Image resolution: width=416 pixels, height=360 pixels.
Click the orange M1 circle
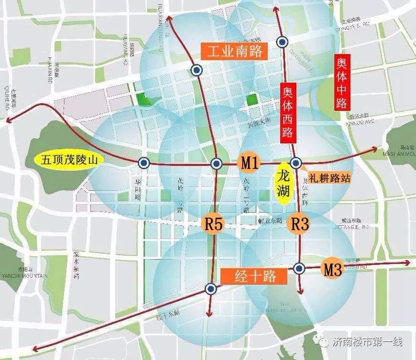(250, 163)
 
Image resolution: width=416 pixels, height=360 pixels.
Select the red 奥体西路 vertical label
(288, 111)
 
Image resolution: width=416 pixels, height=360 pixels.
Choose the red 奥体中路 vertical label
(341, 81)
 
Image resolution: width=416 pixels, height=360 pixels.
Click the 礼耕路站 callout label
(330, 178)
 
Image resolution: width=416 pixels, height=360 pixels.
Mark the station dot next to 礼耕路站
(296, 163)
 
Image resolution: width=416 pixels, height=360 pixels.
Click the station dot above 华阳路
(143, 163)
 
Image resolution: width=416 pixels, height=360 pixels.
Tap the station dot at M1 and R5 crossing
(216, 164)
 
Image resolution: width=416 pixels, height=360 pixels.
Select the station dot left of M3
(299, 269)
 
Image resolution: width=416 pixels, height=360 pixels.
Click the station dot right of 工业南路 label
(283, 42)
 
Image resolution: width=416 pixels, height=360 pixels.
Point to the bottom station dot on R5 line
(210, 288)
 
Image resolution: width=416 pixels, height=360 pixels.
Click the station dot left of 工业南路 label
(196, 70)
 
